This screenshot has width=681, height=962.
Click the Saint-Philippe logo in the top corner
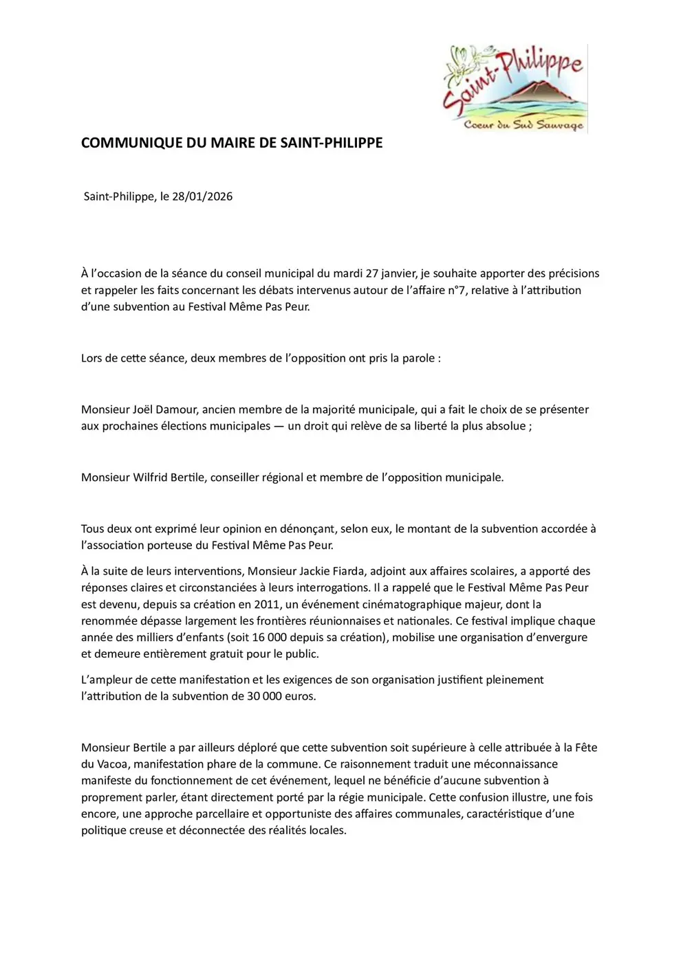click(515, 88)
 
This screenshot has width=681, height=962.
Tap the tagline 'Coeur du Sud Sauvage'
click(523, 125)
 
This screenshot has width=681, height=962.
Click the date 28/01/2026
click(202, 197)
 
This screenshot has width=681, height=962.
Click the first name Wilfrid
click(153, 478)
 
